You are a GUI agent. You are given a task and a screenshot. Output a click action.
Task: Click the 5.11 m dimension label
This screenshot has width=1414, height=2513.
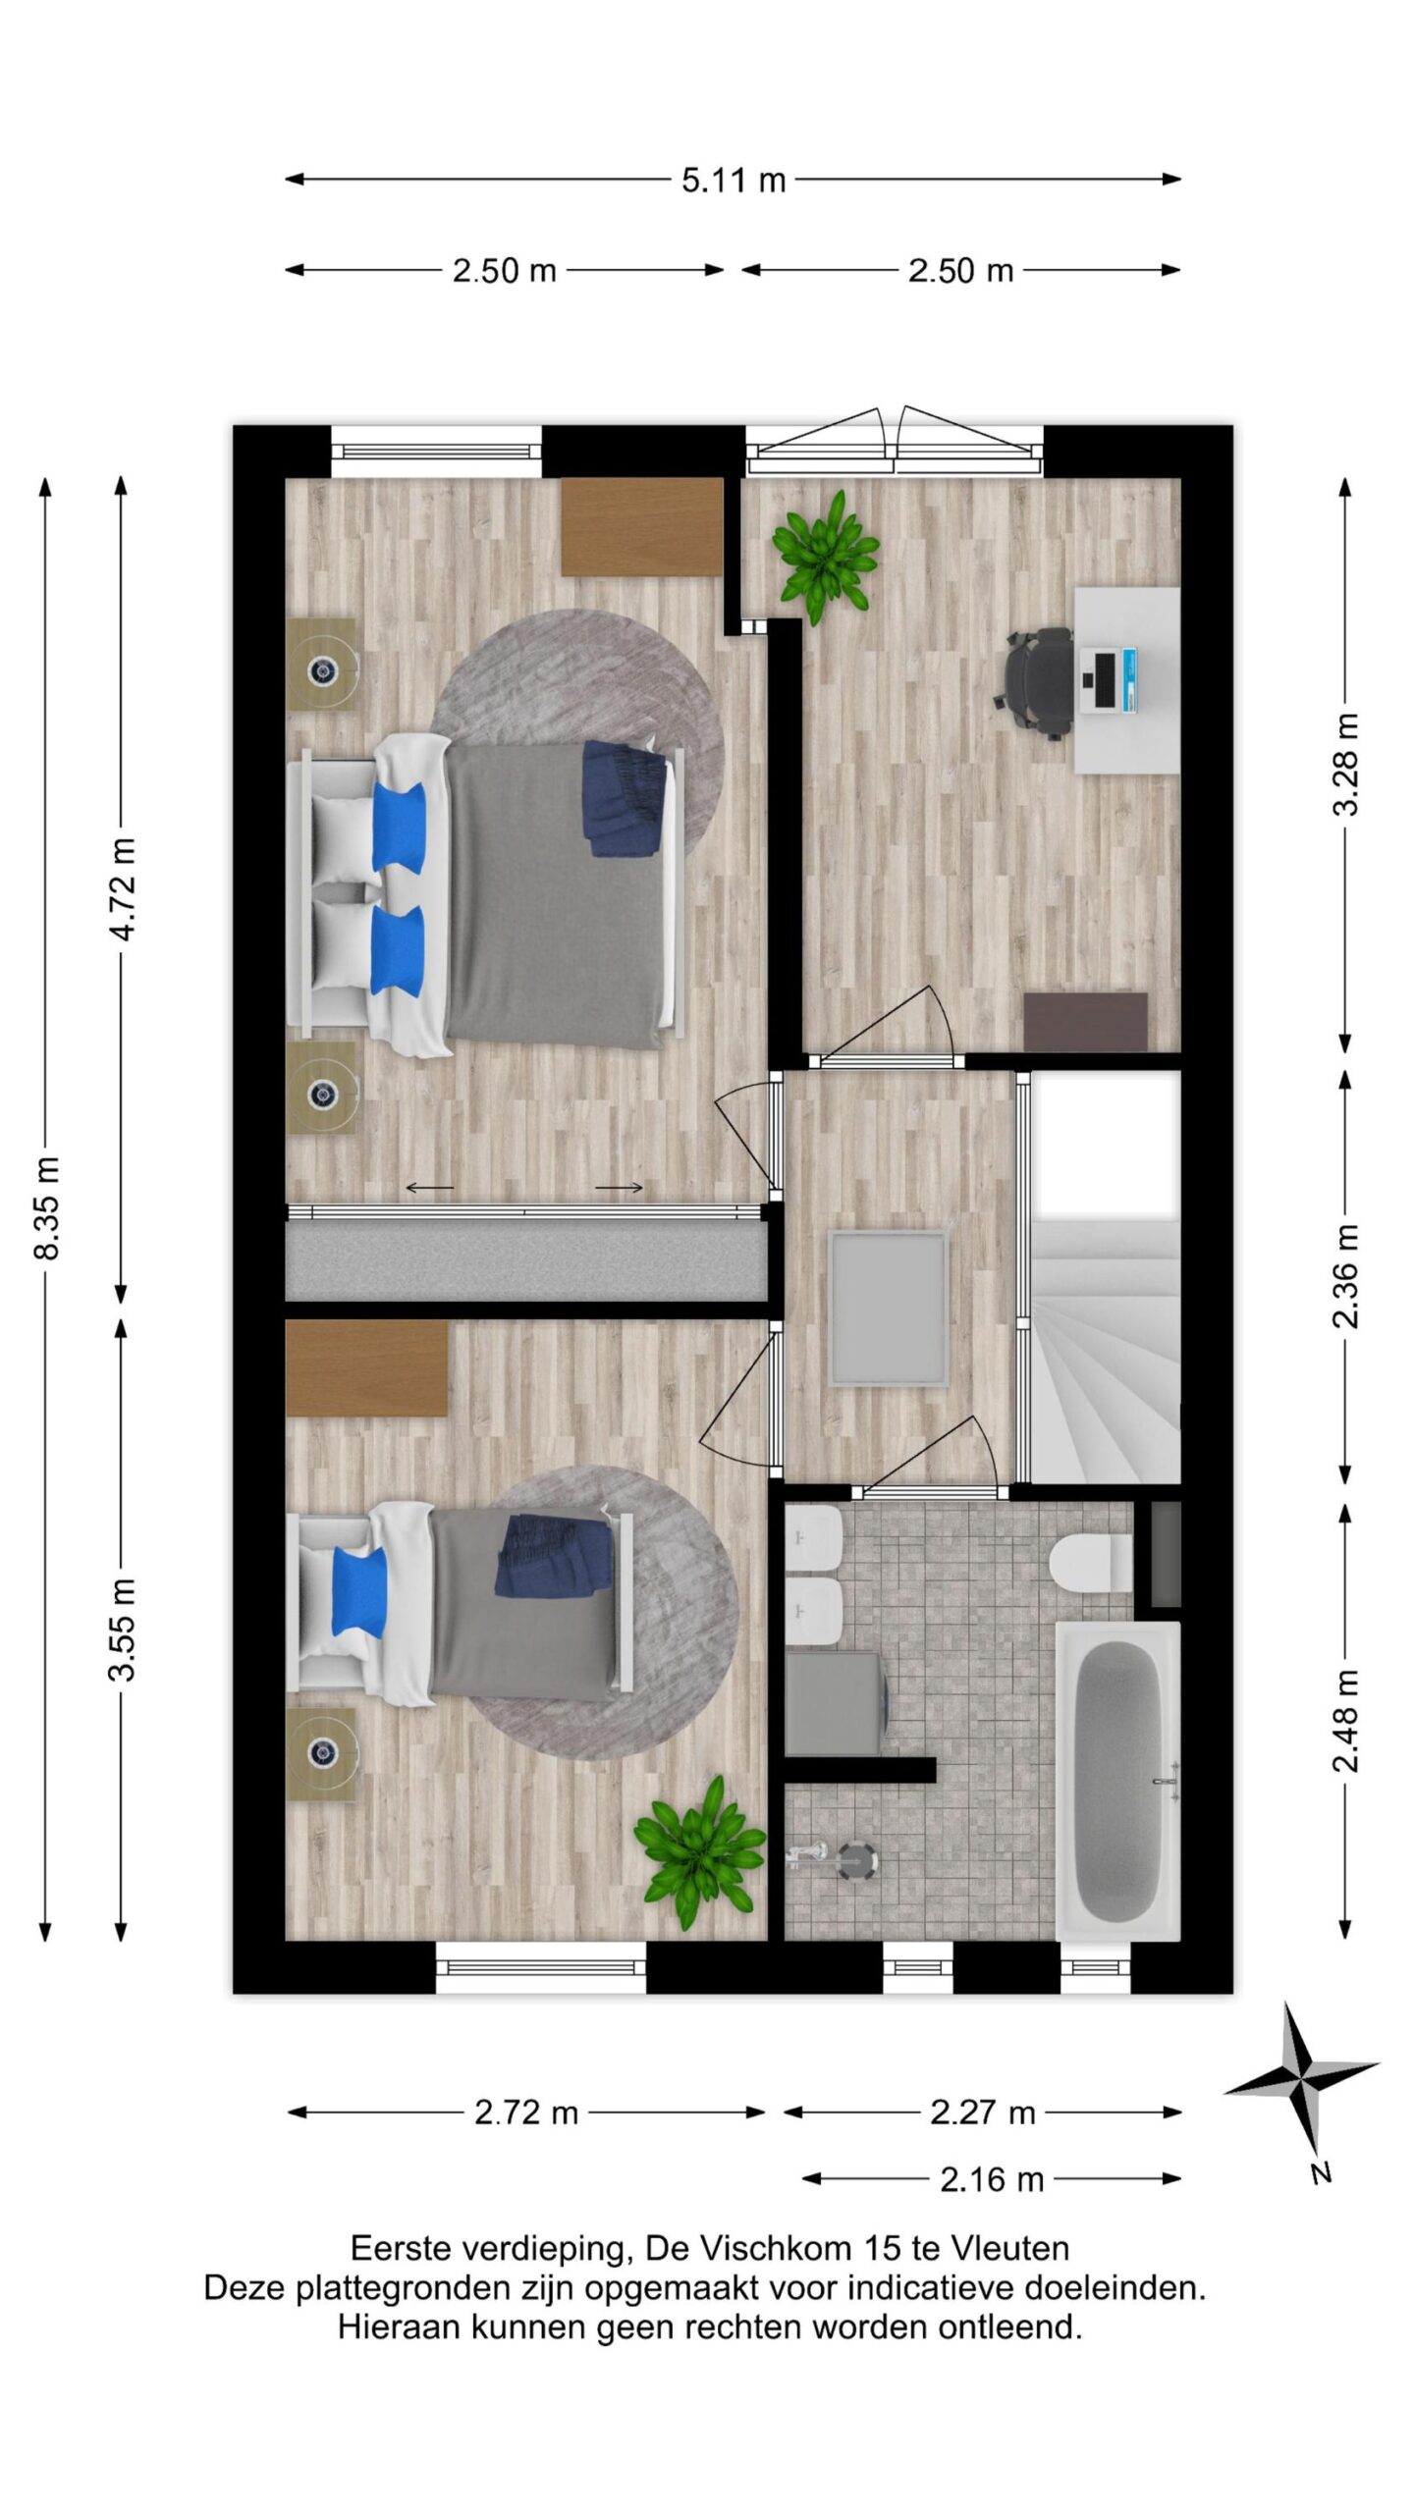734,181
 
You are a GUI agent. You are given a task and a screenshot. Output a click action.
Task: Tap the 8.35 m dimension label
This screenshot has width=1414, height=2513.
48,1208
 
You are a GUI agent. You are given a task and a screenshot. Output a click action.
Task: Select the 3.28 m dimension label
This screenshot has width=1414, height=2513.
1345,765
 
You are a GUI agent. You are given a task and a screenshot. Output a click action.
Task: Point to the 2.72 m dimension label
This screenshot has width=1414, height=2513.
526,2112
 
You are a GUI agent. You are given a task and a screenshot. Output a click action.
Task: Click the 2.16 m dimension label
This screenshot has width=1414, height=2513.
992,2179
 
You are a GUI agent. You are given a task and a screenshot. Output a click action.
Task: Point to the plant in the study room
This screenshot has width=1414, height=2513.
824,557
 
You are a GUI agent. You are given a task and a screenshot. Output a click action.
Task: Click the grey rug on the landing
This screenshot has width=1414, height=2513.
889,1308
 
